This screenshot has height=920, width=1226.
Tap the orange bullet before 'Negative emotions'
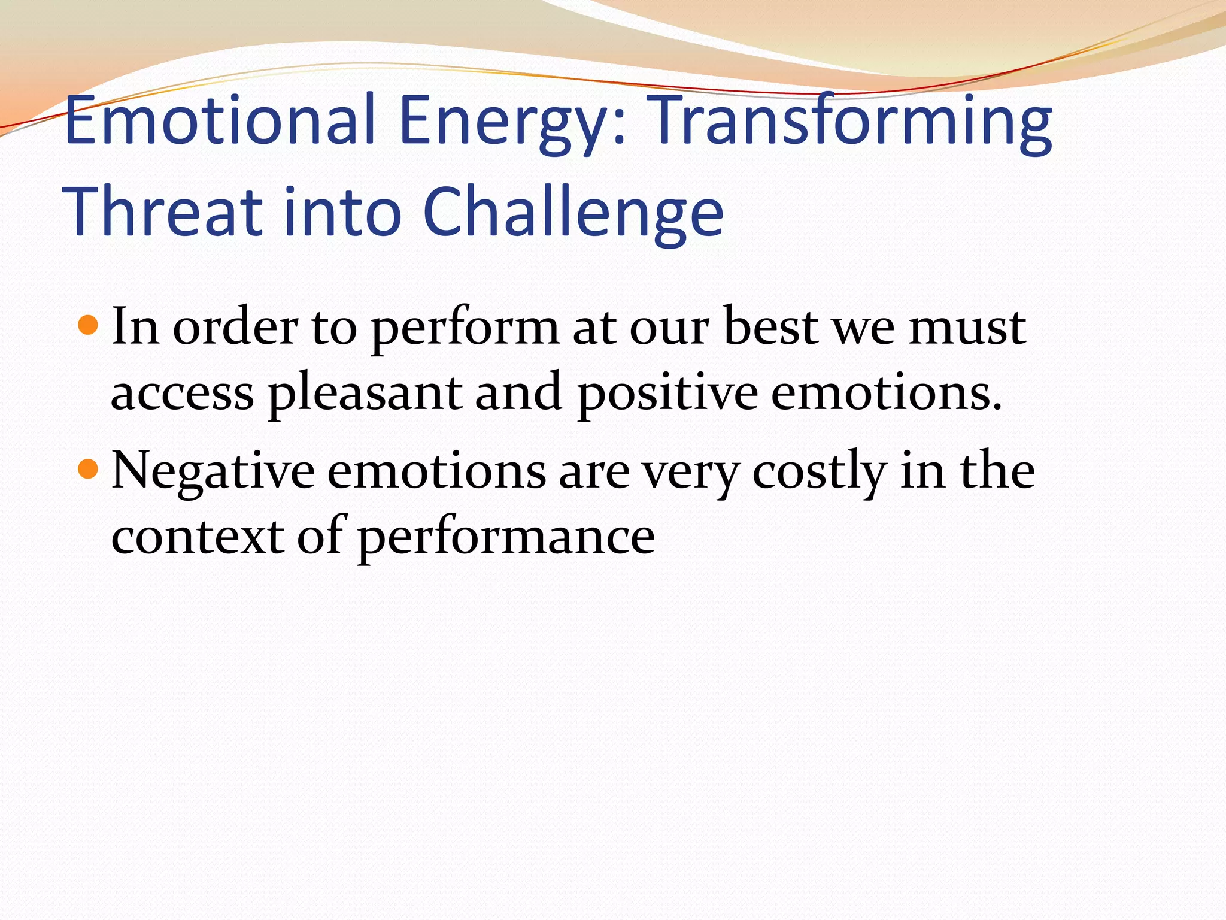point(88,469)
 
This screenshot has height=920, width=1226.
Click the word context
point(198,537)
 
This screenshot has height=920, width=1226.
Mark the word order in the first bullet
point(235,328)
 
